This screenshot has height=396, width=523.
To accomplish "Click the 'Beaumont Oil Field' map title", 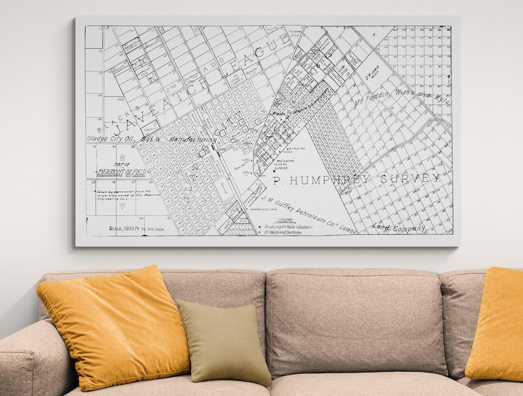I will tap(120, 172).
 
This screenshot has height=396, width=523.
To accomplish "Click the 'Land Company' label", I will tap(399, 228).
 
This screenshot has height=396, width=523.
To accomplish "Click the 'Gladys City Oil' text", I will tap(107, 139).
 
